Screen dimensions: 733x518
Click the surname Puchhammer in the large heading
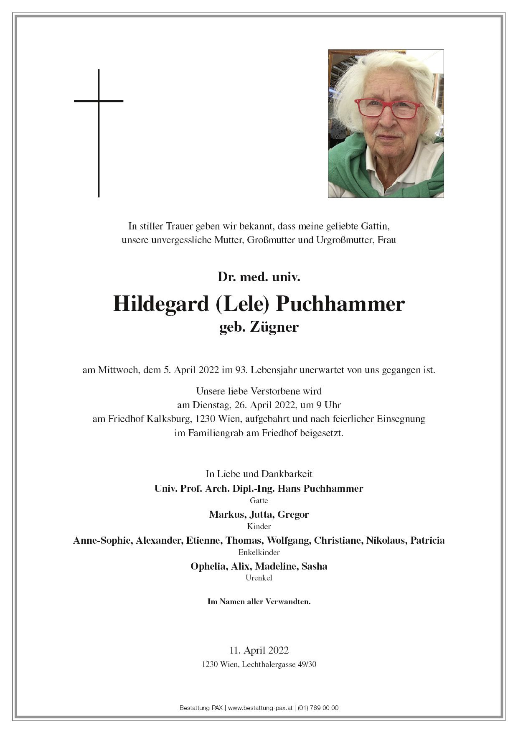click(339, 305)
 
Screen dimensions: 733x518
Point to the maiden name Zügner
click(274, 327)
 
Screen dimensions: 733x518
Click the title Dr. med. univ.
click(259, 277)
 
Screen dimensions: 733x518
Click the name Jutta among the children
click(259, 514)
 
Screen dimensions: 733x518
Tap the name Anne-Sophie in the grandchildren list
click(102, 540)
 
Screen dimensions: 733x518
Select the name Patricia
click(427, 540)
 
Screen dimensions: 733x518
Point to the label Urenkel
click(259, 578)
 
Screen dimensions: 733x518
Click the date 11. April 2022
click(259, 650)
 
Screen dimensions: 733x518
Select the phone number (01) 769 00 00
click(318, 708)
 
